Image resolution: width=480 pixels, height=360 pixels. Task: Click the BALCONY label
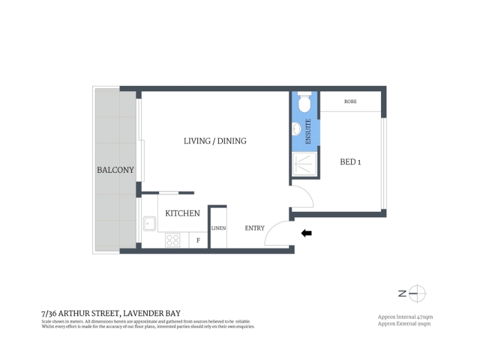coord(115,170)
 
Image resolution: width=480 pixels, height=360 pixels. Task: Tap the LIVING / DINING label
coord(215,141)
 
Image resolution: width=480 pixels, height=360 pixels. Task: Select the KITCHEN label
coord(182,213)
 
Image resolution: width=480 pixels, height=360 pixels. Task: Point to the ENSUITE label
coord(308,131)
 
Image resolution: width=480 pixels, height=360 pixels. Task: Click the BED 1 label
coord(350,162)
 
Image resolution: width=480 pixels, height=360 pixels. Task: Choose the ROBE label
coord(350,101)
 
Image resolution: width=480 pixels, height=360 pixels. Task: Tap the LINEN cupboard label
coord(218,228)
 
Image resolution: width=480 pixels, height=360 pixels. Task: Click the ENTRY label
coord(254,228)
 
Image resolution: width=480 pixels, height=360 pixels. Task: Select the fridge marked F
coord(198,241)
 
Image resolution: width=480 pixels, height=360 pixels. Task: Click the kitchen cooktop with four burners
coord(173,240)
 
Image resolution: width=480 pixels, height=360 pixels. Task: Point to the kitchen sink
coord(149,223)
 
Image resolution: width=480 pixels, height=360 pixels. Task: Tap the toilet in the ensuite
coord(305,102)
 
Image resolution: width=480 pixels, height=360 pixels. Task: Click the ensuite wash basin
coord(296,129)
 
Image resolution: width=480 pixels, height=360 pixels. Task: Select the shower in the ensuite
coord(305,164)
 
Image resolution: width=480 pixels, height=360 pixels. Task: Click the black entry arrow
coord(307,233)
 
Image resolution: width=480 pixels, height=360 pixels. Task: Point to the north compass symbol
coord(413,293)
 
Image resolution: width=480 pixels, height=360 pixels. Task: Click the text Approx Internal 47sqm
coord(406,317)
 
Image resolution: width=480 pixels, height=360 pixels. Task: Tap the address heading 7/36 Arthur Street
coord(111,313)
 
